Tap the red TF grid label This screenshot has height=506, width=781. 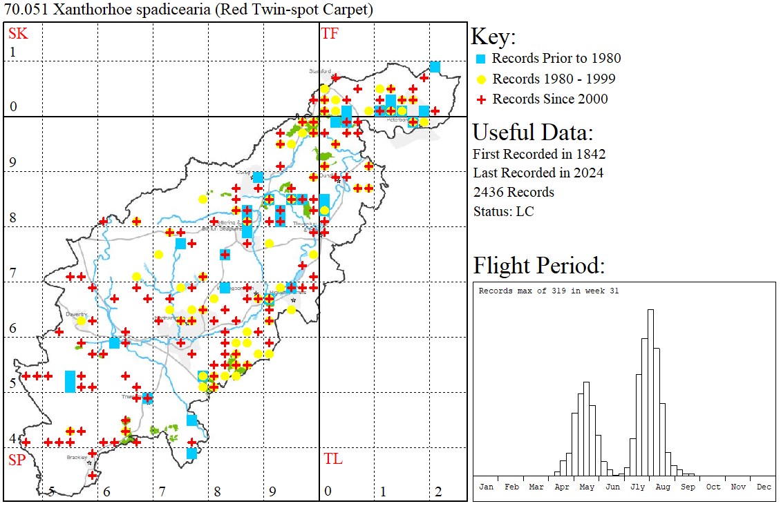pos(330,33)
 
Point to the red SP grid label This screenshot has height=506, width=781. pos(17,460)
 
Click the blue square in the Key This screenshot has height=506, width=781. pos(481,59)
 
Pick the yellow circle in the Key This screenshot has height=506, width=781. pos(481,79)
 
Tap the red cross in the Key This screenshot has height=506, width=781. pos(481,99)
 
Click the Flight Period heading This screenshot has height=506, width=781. pos(538,266)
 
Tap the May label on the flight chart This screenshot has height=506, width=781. pos(587,487)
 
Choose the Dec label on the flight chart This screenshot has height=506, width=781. pos(763,487)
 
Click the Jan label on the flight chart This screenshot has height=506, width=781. pos(486,487)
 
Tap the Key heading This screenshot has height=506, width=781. pos(493,37)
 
